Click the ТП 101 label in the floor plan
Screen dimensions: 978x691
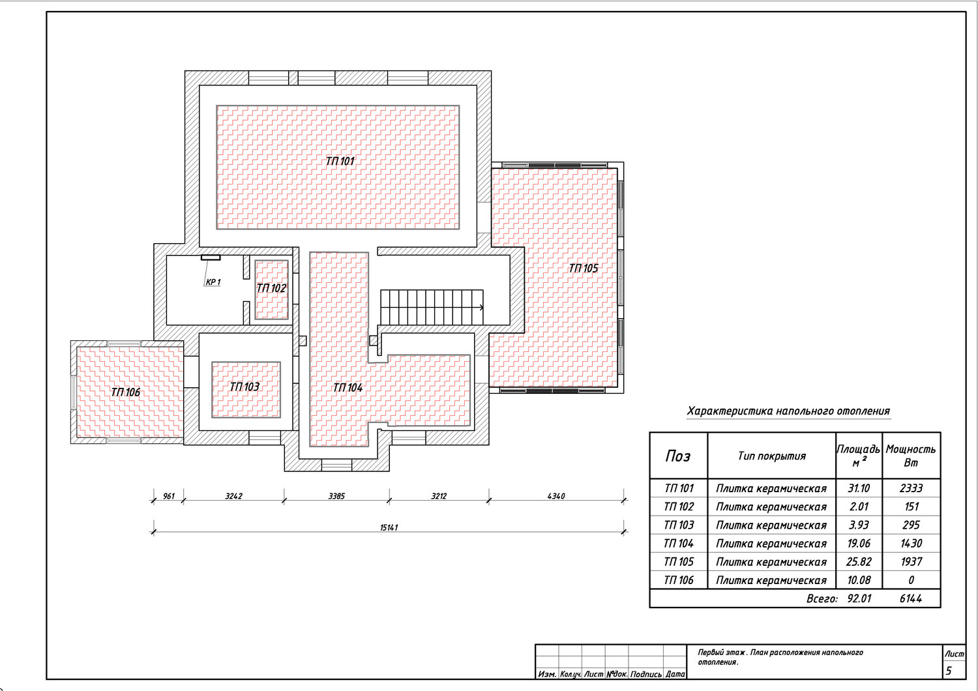[x=340, y=161]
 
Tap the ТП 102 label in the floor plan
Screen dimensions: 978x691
[x=271, y=288]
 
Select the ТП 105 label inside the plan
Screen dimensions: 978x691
[x=584, y=268]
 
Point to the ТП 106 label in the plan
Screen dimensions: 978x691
[x=125, y=392]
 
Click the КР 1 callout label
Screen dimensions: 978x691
[x=213, y=282]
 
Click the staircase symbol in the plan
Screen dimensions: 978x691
[x=432, y=307]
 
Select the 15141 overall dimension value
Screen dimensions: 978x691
[x=389, y=527]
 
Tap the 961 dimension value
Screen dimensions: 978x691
[x=168, y=496]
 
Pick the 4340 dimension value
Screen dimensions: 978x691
[x=556, y=496]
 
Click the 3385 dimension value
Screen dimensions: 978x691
[x=336, y=496]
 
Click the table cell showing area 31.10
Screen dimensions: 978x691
[x=859, y=488]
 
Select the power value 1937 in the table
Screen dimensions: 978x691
[x=911, y=561]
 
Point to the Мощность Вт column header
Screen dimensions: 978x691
[x=911, y=456]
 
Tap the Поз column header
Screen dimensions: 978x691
[x=678, y=456]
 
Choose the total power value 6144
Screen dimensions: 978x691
[x=911, y=598]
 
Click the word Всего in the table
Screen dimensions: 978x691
[x=822, y=598]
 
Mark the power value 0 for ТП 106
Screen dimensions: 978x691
[x=911, y=580]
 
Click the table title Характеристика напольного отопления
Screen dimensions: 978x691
[x=788, y=411]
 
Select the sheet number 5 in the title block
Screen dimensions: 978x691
[x=948, y=671]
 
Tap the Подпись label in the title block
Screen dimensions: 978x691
[x=645, y=675]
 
